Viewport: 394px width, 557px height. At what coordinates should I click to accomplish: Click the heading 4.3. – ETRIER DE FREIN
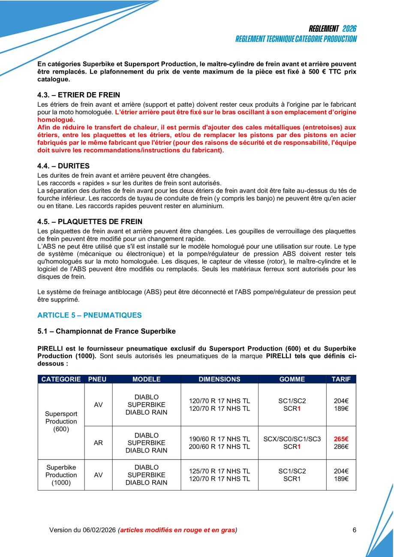[x=78, y=95]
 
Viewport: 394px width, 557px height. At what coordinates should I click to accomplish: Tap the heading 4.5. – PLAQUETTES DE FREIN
[x=90, y=222]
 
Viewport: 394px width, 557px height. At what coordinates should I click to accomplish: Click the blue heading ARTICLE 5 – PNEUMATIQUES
[x=89, y=315]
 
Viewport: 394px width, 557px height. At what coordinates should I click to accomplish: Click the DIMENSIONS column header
[x=220, y=379]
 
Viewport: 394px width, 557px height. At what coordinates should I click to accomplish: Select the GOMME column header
[x=292, y=379]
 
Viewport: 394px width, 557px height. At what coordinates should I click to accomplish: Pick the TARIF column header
[x=341, y=379]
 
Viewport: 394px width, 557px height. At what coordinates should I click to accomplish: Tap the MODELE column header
[x=146, y=379]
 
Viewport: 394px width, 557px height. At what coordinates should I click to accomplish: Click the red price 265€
[x=341, y=439]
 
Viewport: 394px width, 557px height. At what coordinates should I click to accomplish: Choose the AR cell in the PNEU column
[x=98, y=443]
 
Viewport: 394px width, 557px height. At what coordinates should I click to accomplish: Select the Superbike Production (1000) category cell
[x=61, y=475]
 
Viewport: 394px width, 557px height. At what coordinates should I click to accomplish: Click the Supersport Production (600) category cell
[x=61, y=421]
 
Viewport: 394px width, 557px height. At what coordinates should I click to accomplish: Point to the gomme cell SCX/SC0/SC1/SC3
[x=292, y=439]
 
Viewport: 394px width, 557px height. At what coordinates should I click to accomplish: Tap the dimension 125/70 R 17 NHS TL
[x=220, y=471]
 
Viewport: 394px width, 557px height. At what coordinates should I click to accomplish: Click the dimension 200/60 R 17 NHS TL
[x=220, y=447]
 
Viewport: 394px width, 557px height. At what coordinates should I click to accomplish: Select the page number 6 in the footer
[x=355, y=530]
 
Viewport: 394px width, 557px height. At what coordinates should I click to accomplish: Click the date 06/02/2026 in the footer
[x=99, y=530]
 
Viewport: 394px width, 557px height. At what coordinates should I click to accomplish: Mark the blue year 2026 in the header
[x=349, y=29]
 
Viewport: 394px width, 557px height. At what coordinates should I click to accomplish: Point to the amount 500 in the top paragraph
[x=314, y=72]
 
